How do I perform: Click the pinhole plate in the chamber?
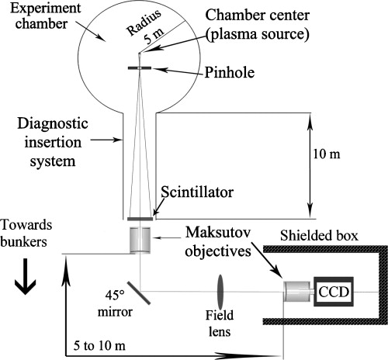pyautogui.click(x=140, y=69)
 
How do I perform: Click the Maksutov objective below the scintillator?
pyautogui.click(x=140, y=240)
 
